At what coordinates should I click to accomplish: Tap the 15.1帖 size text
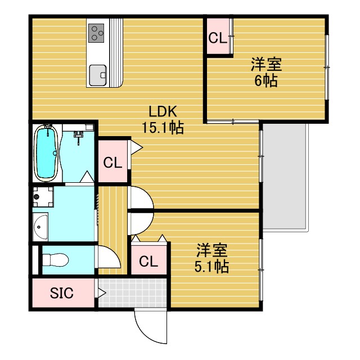point(163,128)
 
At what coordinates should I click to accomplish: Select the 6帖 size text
point(266,81)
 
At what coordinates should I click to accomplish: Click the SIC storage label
point(61,293)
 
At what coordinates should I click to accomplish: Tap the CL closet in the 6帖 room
point(218,38)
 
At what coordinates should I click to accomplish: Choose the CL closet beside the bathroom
point(112,163)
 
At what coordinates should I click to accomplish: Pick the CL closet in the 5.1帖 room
point(148,262)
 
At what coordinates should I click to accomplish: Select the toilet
point(56,260)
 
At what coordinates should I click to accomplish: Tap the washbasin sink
point(40,228)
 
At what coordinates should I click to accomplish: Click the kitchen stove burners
point(97,33)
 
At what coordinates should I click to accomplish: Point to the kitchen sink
point(97,73)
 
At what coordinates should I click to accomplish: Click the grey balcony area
point(285,177)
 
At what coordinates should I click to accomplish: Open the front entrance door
point(151,326)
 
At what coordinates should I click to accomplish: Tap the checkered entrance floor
point(133,292)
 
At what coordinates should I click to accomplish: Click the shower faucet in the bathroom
point(79,134)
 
